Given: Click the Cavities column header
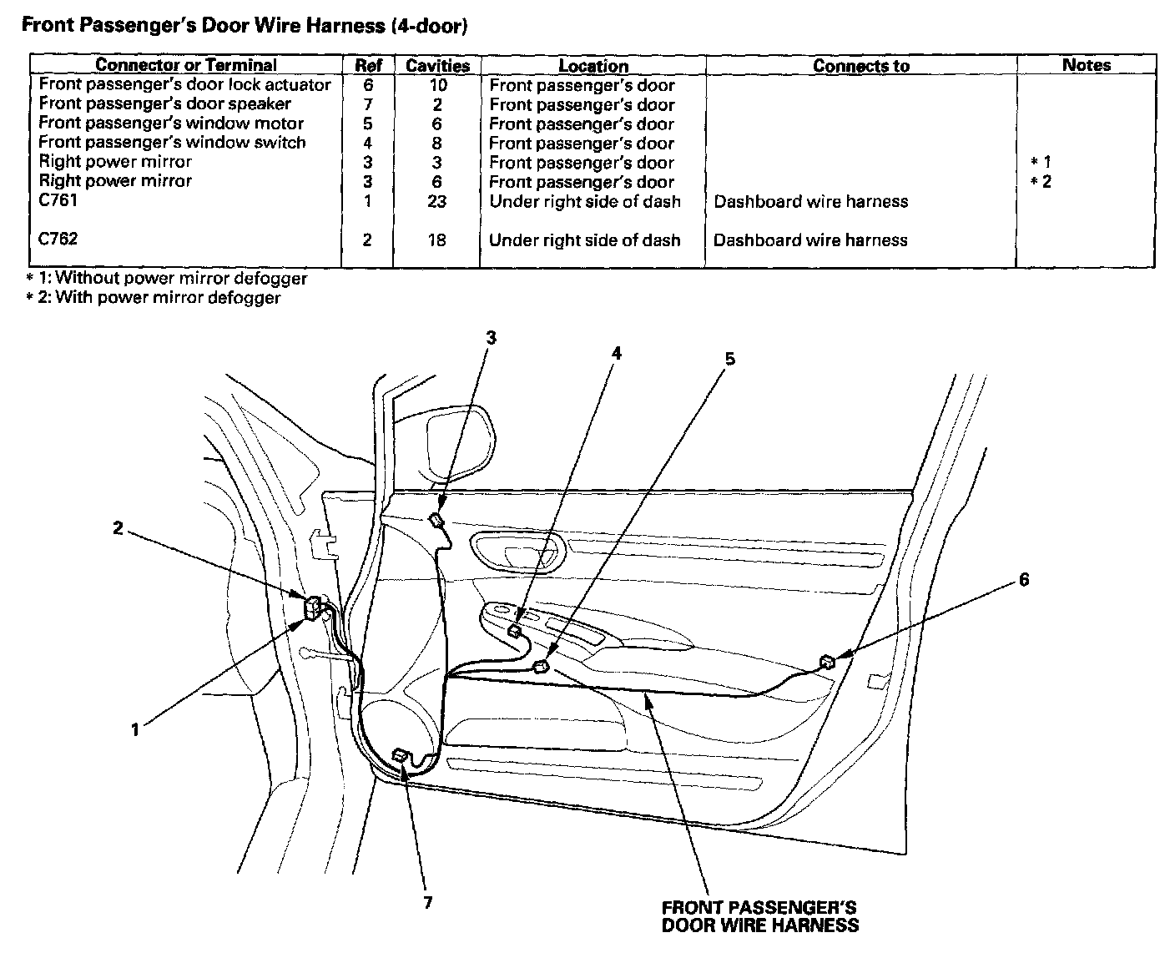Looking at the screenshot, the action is coord(437,66).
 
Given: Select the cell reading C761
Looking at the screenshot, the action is coord(58,200).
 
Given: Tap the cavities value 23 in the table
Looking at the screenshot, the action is coord(436,201).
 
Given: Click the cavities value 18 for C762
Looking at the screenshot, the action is coord(436,240).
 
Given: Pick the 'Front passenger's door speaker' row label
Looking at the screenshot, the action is coord(165,104).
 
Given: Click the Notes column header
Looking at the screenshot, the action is coord(1086,64).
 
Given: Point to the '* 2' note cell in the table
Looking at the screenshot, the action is coord(1041,182).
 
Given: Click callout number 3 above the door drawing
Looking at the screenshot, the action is coord(491,338).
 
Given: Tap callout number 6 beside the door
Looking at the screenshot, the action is coord(1024,580).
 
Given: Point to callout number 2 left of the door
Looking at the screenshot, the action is coord(118,527).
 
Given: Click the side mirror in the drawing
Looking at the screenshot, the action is coord(460,442).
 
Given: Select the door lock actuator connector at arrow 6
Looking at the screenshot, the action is coord(827,662).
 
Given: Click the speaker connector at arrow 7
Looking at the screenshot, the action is coord(401,756).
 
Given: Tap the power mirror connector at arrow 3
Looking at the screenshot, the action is coord(436,521).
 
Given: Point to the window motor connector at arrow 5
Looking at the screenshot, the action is coord(541,667).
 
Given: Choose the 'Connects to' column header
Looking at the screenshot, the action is coord(860,66).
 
